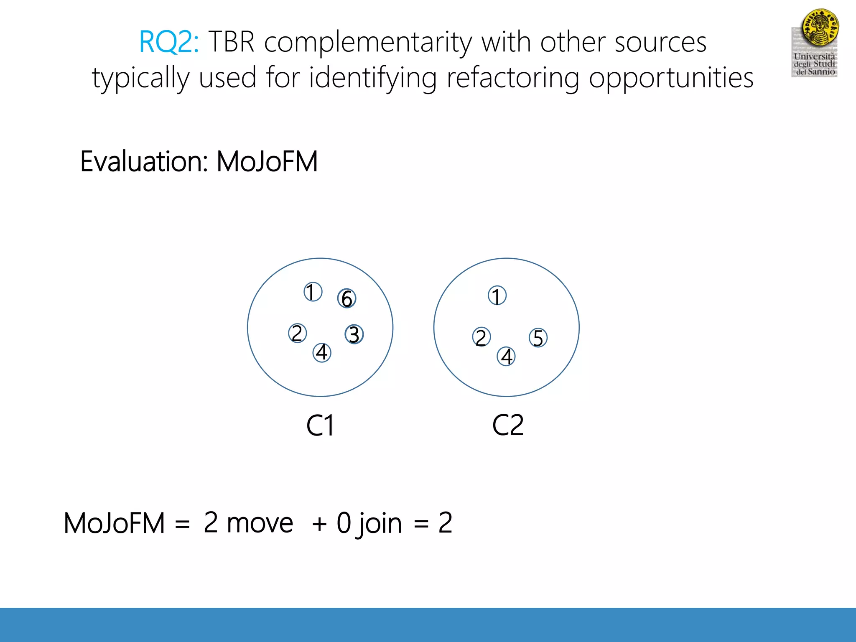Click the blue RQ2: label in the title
(x=169, y=42)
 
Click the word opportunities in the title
(x=671, y=79)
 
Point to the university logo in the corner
(x=815, y=43)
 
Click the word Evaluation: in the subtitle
(x=144, y=162)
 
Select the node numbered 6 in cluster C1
(x=346, y=298)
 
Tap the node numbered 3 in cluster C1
(x=354, y=334)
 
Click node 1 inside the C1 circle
(x=313, y=292)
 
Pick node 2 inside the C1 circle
(x=297, y=334)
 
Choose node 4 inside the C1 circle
(x=322, y=352)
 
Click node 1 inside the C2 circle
(x=497, y=296)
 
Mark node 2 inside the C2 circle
(x=481, y=337)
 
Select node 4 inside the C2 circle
(x=506, y=357)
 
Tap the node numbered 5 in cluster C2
(x=538, y=338)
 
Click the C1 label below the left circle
(x=320, y=426)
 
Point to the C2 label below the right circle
(x=507, y=425)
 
